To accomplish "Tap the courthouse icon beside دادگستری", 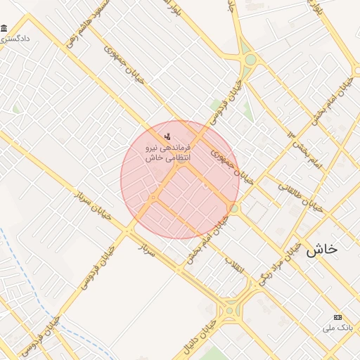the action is tap(5, 28).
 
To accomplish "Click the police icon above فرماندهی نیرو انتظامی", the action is tap(167, 136).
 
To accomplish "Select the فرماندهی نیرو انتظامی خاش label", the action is tap(162, 154).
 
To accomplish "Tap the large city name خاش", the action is tap(322, 250).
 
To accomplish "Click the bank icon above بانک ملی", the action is tap(337, 318).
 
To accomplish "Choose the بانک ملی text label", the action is tap(335, 328).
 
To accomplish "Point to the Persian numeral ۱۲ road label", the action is tap(291, 134).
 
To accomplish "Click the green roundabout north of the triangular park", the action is tap(250, 60).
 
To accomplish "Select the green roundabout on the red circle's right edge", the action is tap(234, 209).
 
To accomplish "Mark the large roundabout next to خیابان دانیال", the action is tap(230, 309).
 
